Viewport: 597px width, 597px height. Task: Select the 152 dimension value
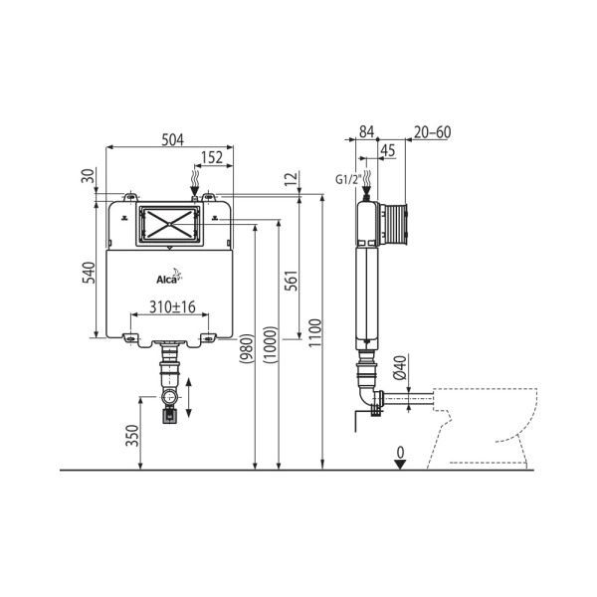click(x=212, y=156)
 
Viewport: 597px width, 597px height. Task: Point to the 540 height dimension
click(x=88, y=272)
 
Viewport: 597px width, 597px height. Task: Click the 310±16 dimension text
click(x=173, y=308)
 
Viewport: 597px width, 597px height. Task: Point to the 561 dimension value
click(x=291, y=282)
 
